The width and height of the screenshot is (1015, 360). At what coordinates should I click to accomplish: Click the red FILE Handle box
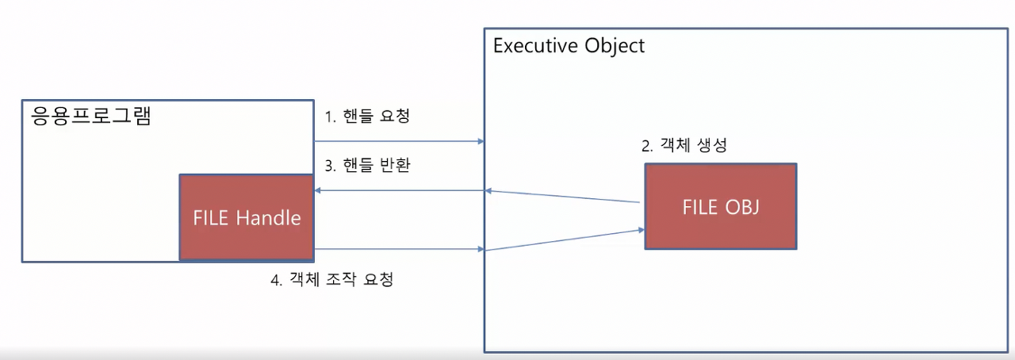click(x=247, y=217)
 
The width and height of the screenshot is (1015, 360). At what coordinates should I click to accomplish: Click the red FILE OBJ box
click(x=720, y=207)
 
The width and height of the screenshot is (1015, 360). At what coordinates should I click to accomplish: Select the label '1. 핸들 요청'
click(x=368, y=117)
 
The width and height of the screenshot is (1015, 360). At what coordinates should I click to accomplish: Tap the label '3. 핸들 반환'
click(x=368, y=167)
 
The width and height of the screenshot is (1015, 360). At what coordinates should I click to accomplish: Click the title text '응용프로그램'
click(x=90, y=117)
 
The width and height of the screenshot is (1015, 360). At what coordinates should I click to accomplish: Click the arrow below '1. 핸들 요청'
click(x=399, y=141)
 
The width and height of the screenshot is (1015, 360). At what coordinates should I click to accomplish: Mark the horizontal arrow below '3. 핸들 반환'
click(x=399, y=190)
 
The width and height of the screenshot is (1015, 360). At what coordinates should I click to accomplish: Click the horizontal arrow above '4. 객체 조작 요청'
click(x=399, y=249)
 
